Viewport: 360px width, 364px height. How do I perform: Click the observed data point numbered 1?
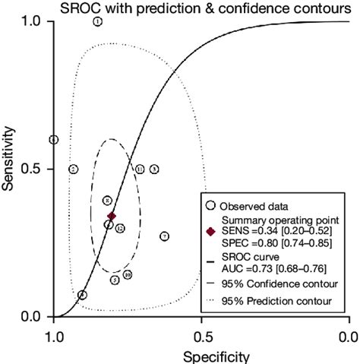pyautogui.click(x=98, y=21)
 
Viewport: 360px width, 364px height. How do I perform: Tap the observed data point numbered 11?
pyautogui.click(x=140, y=169)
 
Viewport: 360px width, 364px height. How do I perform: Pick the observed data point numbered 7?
pyautogui.click(x=165, y=236)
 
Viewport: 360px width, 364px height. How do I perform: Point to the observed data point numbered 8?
pyautogui.click(x=108, y=200)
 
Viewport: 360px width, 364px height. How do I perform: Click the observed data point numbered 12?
pyautogui.click(x=120, y=228)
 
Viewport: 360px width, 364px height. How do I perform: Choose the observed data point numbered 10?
pyautogui.click(x=128, y=274)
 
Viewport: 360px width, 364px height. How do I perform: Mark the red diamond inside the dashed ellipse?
pyautogui.click(x=112, y=216)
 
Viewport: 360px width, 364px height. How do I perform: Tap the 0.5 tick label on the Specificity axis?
pyautogui.click(x=201, y=332)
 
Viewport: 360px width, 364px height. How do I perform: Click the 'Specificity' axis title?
pyautogui.click(x=201, y=354)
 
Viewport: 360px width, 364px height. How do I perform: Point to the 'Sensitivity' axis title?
pyautogui.click(x=8, y=169)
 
